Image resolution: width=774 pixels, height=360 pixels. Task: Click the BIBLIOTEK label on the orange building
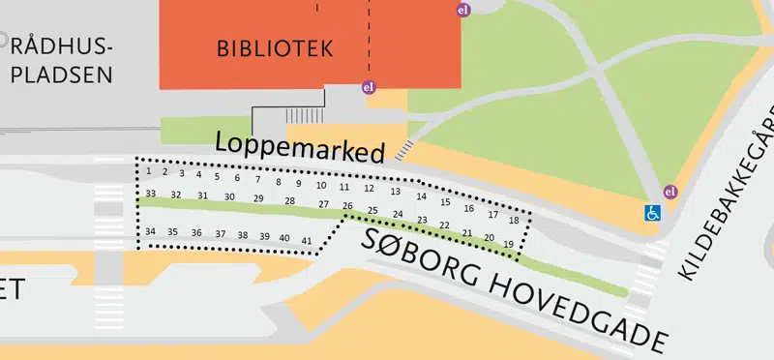275,47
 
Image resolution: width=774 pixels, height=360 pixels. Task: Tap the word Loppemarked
300,146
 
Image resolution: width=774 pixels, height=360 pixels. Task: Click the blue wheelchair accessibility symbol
653,212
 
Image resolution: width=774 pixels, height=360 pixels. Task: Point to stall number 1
149,171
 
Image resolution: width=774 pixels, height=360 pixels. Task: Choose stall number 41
307,240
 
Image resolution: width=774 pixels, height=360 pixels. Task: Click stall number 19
509,245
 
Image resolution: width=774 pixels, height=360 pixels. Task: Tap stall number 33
150,194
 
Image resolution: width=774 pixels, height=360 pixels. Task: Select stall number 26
347,206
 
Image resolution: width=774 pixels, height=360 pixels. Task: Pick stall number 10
321,185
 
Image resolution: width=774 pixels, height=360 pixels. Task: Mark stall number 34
150,231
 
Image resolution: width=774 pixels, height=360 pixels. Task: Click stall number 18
514,221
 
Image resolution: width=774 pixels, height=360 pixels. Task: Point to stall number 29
258,198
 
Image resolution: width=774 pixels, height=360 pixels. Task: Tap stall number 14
421,196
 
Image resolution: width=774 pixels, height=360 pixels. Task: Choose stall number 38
242,235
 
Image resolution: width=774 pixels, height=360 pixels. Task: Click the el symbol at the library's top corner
462,10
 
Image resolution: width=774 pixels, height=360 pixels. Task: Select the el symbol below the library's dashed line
368,87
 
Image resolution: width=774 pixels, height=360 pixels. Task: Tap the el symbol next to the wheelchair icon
670,191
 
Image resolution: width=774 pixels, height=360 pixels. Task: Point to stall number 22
444,225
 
